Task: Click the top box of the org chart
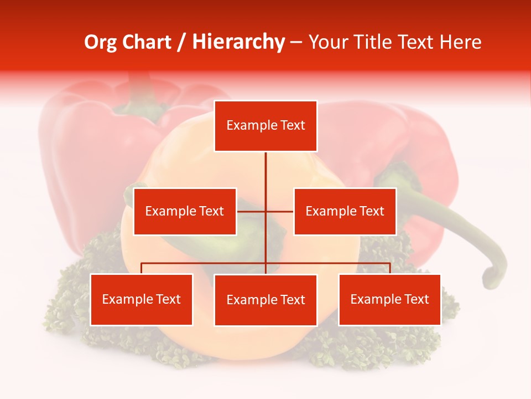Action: pos(265,126)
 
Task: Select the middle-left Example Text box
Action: pos(185,211)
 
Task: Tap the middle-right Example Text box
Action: pos(345,211)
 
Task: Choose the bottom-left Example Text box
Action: pos(142,299)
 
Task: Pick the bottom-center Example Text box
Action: pos(265,300)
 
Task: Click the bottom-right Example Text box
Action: pos(389,299)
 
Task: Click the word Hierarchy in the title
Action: pos(238,42)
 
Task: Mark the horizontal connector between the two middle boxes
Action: pos(265,211)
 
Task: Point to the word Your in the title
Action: pos(327,42)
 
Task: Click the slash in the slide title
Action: pos(182,42)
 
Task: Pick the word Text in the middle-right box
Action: pos(372,211)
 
